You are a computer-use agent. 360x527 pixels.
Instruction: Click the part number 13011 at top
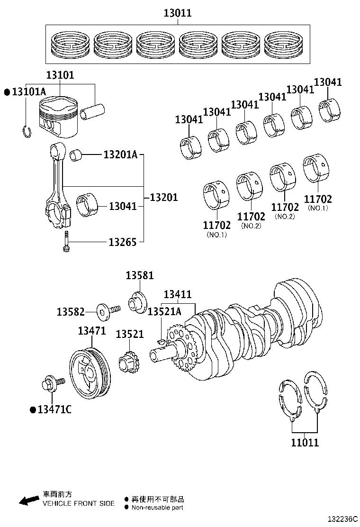click(x=177, y=13)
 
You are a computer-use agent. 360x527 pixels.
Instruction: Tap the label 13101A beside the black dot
click(x=28, y=92)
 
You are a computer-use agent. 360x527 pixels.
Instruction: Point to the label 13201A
click(x=120, y=154)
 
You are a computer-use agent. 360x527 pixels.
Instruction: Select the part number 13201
click(x=164, y=197)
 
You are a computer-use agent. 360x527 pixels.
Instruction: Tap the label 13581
click(x=140, y=275)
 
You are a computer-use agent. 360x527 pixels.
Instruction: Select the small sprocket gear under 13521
click(x=126, y=367)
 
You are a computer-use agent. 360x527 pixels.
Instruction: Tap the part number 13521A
click(x=164, y=311)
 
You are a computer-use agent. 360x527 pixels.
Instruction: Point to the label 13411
click(x=178, y=295)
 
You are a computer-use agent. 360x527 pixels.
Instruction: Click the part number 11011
click(x=305, y=443)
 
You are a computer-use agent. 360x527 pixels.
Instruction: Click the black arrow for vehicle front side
click(x=29, y=500)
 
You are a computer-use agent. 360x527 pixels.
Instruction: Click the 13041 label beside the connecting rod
click(x=123, y=206)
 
